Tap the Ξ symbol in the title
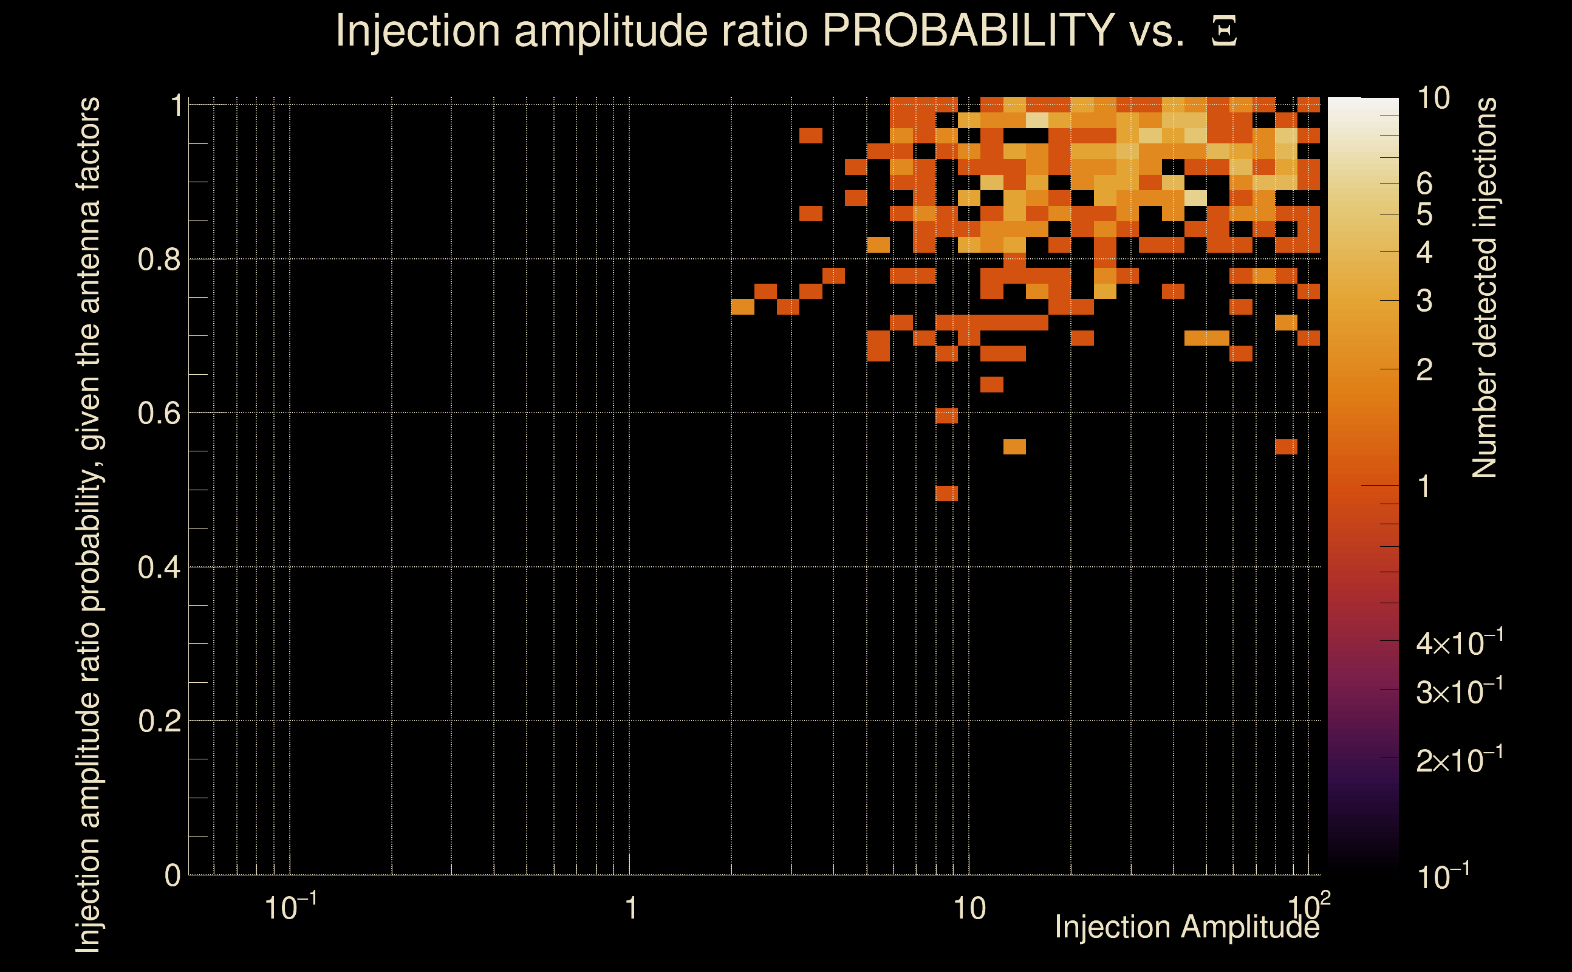tap(1224, 32)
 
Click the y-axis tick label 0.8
tap(159, 260)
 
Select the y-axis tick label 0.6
tap(159, 413)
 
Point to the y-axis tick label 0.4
tap(159, 567)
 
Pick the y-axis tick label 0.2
tap(159, 721)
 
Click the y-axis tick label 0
tap(173, 875)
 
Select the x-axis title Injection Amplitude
tap(1187, 927)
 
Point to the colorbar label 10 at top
tap(1433, 99)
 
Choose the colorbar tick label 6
tap(1424, 185)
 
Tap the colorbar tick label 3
tap(1424, 301)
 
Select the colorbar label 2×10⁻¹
tap(1459, 761)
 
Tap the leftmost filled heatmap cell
tap(742, 307)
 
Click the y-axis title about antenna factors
tap(88, 524)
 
